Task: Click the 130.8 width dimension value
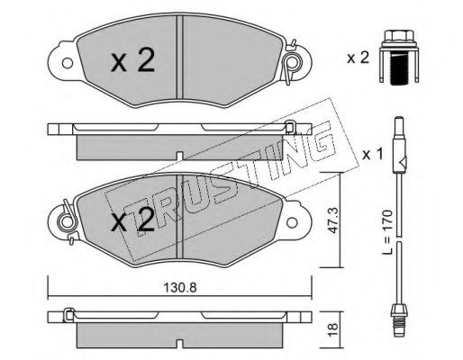(180, 288)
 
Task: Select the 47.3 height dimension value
(332, 220)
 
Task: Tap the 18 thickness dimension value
(333, 329)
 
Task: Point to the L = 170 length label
(387, 232)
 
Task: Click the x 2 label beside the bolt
(358, 58)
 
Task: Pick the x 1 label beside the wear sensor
(373, 155)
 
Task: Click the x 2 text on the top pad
(132, 61)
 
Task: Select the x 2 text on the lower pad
(132, 220)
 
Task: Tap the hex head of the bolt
(399, 36)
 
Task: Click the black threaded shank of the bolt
(399, 68)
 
